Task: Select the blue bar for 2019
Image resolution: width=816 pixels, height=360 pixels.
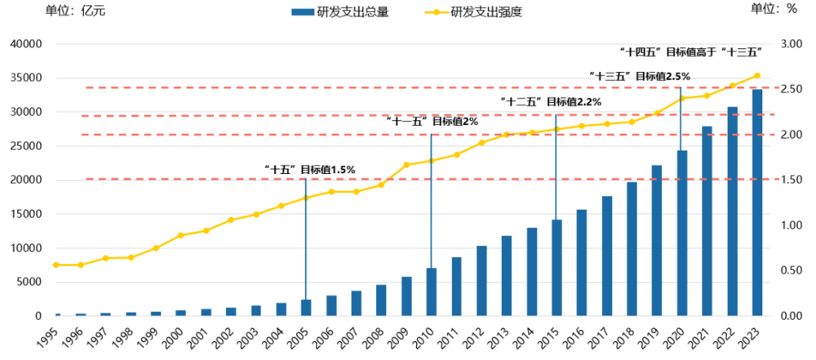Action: click(657, 241)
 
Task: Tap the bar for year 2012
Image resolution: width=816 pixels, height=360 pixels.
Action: click(481, 281)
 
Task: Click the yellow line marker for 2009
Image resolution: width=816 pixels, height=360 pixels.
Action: click(406, 165)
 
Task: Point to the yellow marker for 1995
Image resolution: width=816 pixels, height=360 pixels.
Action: click(55, 264)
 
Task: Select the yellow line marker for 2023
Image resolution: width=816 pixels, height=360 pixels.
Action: click(757, 76)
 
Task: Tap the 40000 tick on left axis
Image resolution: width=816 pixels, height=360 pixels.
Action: click(26, 44)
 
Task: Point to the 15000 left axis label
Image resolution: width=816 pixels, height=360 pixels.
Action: click(26, 215)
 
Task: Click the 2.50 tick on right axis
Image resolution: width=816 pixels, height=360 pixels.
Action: click(793, 89)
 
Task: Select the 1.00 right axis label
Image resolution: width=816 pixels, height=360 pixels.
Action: click(793, 225)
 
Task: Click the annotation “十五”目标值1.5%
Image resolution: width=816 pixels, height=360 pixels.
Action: click(310, 170)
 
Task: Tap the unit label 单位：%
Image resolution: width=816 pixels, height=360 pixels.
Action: click(773, 9)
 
